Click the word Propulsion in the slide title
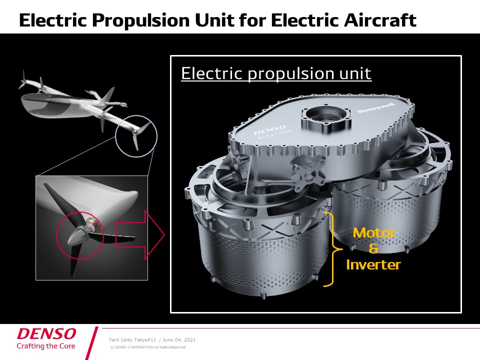[140, 20]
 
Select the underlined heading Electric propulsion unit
[276, 73]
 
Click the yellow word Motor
[374, 233]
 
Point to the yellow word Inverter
[373, 265]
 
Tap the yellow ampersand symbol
[373, 248]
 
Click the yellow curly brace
[331, 249]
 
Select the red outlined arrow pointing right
[140, 235]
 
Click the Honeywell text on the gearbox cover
[376, 108]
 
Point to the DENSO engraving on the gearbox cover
[269, 130]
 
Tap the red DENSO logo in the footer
[46, 333]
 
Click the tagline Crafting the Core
[46, 346]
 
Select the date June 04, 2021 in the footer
[179, 340]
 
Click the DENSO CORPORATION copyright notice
[148, 347]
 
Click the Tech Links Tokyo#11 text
[132, 340]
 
